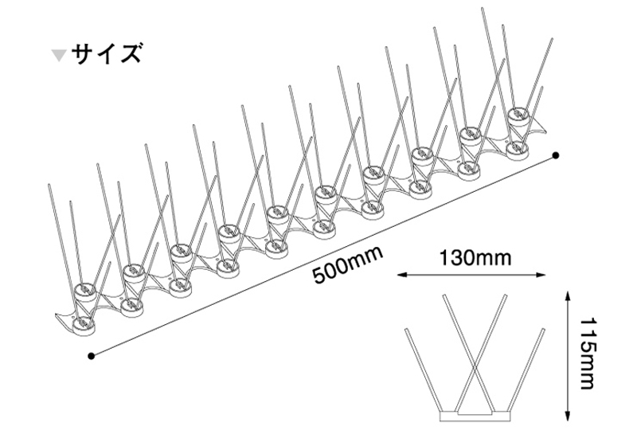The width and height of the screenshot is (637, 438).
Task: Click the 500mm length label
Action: pos(348,265)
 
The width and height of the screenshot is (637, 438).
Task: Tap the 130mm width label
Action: pos(475,257)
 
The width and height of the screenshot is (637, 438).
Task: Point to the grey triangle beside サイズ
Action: pos(59,55)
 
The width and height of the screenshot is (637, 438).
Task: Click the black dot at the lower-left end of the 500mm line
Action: pos(91,356)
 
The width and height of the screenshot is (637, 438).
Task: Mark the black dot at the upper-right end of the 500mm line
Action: pos(556,155)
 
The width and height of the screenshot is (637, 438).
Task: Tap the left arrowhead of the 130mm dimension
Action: pos(402,275)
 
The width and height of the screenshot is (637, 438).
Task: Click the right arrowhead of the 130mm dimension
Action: pos(540,275)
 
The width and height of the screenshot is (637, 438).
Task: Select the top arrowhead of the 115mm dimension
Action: pos(569,295)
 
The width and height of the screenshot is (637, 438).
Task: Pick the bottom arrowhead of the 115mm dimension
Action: pos(569,416)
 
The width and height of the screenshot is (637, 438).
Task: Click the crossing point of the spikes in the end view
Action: pos(475,368)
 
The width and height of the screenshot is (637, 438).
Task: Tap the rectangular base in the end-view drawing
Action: pos(475,416)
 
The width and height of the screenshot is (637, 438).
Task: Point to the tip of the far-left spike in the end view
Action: pos(406,329)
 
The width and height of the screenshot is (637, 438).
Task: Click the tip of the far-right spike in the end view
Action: pos(543,329)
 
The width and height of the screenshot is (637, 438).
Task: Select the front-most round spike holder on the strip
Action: pos(83,324)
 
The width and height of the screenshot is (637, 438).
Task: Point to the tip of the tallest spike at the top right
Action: pos(483,8)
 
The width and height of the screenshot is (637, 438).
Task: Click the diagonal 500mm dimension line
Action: pos(324,256)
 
